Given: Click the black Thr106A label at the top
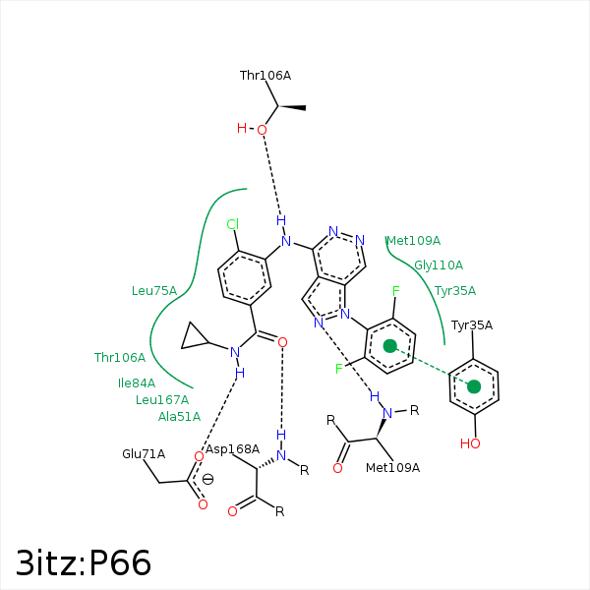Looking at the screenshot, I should [265, 75].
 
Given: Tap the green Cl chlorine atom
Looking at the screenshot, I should [233, 224].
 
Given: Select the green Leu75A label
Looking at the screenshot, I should [154, 290].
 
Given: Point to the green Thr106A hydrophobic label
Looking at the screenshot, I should [120, 357].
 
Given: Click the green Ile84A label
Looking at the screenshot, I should [137, 383].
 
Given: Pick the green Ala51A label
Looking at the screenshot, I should [179, 416].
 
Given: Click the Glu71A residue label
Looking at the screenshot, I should [144, 453].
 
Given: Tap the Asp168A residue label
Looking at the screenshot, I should [233, 449].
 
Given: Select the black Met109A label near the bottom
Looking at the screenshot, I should [392, 467].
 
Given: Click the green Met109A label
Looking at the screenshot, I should [413, 241].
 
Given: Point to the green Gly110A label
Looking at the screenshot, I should [439, 265].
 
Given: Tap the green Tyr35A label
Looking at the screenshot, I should [455, 290].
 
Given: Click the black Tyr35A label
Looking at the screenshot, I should [472, 324].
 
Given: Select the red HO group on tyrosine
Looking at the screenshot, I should [471, 443].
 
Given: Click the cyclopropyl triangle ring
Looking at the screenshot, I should [195, 339].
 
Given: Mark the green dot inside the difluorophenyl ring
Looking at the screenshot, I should [390, 346].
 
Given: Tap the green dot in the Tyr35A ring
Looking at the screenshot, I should [474, 386].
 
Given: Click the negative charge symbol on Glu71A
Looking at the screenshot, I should [207, 479].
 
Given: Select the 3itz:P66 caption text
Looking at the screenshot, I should [85, 562].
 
